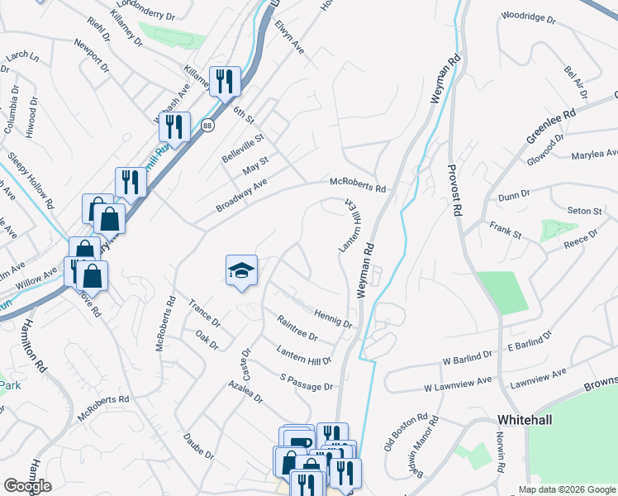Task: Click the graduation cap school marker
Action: (241, 270)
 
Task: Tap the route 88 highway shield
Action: (207, 125)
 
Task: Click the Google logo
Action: (27, 486)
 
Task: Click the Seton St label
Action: (583, 212)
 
